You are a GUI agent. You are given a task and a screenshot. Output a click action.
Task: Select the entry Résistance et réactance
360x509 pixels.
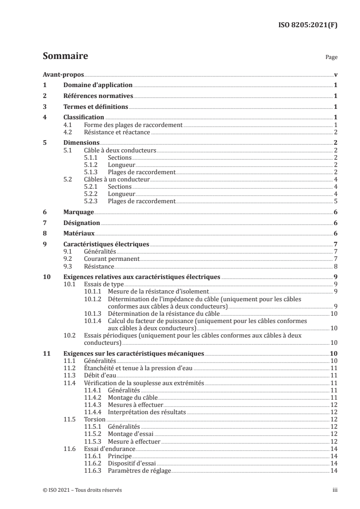pyautogui.click(x=117, y=132)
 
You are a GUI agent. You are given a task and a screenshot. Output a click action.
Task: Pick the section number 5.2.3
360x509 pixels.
pyautogui.click(x=93, y=201)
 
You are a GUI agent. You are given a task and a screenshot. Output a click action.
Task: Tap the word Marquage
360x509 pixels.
pyautogui.click(x=79, y=212)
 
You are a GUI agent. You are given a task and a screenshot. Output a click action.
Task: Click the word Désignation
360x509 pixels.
pyautogui.click(x=82, y=223)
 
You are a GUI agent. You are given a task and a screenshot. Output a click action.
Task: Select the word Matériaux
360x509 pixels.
pyautogui.click(x=79, y=234)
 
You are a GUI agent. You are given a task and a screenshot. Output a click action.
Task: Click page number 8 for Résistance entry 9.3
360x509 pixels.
pyautogui.click(x=335, y=266)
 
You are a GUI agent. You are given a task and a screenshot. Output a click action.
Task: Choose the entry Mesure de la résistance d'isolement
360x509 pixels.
pyautogui.click(x=158, y=291)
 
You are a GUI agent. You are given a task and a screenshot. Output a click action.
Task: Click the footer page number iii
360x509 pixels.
pyautogui.click(x=334, y=490)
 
